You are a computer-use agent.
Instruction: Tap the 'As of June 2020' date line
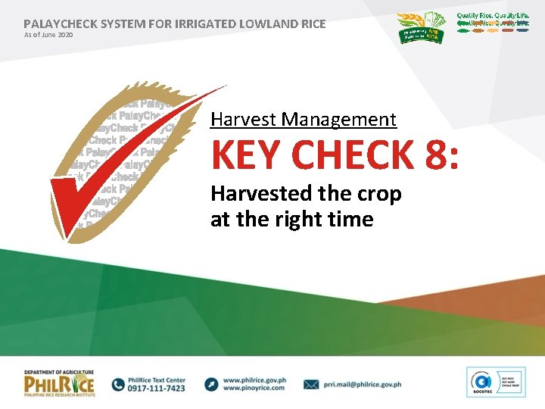pos(48,35)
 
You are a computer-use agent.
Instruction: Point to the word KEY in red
pos(247,155)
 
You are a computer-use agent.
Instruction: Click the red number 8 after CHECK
pos(436,155)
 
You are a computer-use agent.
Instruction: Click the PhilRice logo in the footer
pos(59,384)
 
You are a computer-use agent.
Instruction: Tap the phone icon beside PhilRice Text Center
pos(118,384)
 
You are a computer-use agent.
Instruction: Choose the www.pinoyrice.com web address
pos(254,389)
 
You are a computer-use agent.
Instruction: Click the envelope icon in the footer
pos(311,385)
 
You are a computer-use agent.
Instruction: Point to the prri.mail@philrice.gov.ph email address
pos(361,385)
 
